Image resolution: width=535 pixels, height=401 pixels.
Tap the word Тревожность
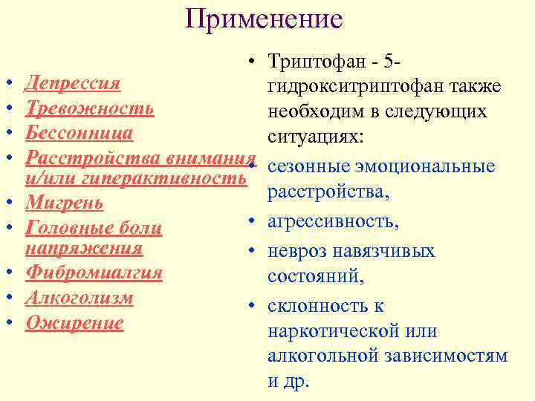tap(89, 108)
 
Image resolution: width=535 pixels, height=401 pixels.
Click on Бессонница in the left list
tap(79, 133)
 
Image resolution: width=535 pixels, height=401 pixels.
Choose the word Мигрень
tap(64, 202)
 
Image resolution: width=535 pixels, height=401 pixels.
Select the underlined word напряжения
tap(83, 247)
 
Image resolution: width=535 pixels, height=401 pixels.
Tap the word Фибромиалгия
tap(94, 273)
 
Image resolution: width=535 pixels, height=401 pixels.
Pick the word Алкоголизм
tap(80, 297)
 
